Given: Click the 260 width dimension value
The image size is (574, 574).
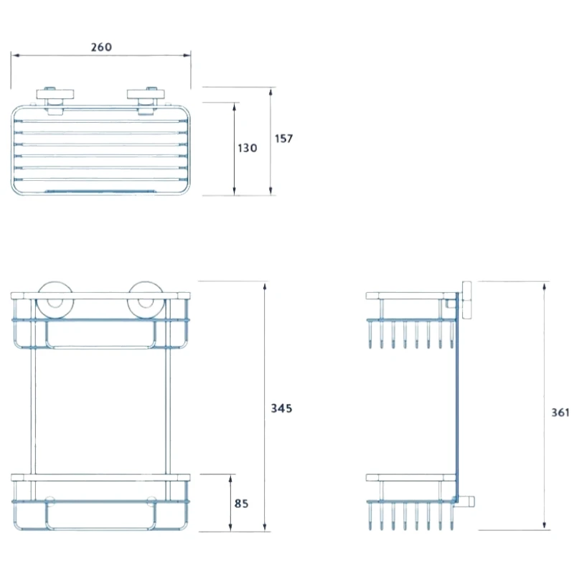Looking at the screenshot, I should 101,47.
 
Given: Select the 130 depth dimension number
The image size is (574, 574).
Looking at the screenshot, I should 247,148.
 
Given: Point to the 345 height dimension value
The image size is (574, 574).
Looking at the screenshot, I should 281,408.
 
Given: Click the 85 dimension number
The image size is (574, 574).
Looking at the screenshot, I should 241,504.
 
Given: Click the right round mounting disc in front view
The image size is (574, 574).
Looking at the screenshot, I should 143,300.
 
